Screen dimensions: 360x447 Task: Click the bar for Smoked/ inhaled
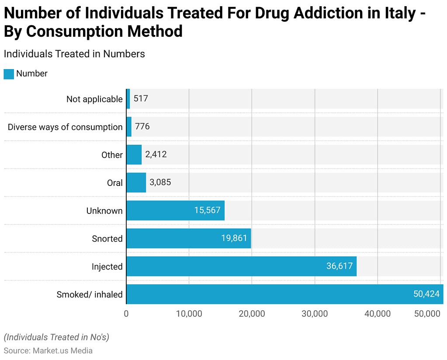(x=284, y=294)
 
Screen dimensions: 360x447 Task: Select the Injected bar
(x=241, y=266)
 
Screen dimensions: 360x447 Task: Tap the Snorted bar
(x=188, y=238)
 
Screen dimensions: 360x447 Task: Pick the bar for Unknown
(x=175, y=210)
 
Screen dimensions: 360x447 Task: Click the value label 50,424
(x=426, y=294)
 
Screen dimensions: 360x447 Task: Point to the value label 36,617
(x=339, y=266)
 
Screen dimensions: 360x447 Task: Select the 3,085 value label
(x=160, y=182)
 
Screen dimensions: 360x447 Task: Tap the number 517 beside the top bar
(x=141, y=99)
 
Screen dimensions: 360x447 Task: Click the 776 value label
(x=142, y=127)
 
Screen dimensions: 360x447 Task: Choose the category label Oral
(x=115, y=183)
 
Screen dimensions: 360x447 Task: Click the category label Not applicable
(x=94, y=99)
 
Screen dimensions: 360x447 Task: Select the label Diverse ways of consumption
(x=65, y=127)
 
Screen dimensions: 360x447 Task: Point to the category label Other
(x=112, y=155)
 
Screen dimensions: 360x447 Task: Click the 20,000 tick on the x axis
(x=252, y=314)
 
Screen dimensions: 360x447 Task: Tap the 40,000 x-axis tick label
(x=378, y=314)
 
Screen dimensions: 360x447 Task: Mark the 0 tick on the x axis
(x=126, y=314)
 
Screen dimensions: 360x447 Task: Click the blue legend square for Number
(x=9, y=74)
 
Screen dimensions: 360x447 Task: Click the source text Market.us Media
(x=62, y=350)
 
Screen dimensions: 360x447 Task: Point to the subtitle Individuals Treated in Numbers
(x=74, y=54)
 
